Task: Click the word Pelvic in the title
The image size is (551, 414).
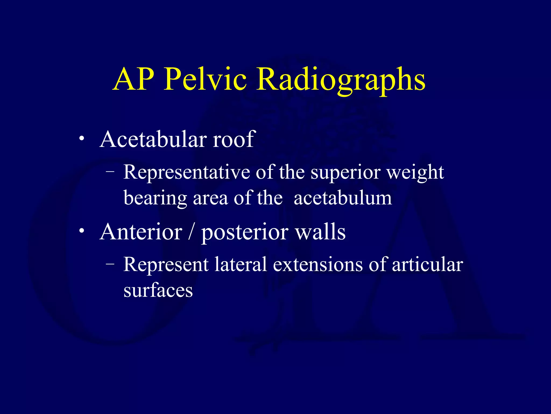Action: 205,79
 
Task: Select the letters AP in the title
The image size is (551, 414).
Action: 134,79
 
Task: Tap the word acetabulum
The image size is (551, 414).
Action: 343,198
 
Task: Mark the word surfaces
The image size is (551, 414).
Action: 158,291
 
